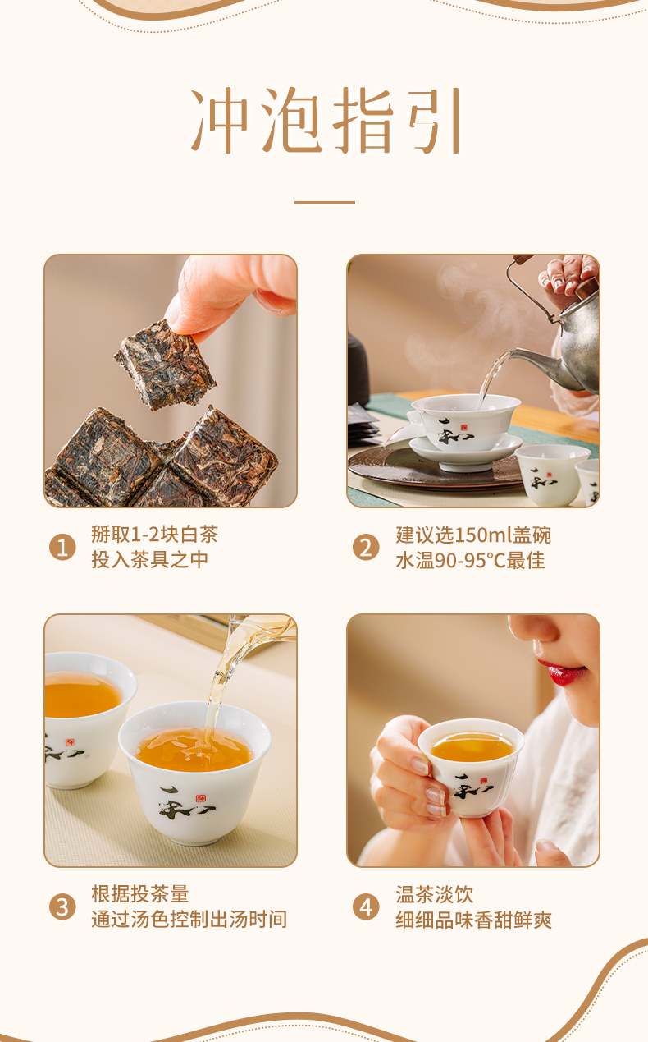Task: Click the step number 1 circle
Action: point(62,547)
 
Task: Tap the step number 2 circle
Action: point(366,547)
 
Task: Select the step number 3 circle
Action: point(62,907)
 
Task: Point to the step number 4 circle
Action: point(366,907)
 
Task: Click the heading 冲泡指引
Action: point(325,120)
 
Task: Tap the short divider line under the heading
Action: point(324,202)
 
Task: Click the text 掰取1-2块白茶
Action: point(154,535)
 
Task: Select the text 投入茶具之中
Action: point(149,560)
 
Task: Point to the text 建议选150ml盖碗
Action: point(473,535)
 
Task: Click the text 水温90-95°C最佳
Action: point(470,560)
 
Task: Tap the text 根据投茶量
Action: point(140,894)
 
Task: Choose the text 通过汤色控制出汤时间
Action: point(189,920)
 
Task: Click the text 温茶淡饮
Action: point(435,894)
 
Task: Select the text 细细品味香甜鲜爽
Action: point(473,920)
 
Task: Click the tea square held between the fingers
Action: point(165,365)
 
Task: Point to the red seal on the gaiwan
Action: point(463,428)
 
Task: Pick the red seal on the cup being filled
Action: point(200,798)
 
